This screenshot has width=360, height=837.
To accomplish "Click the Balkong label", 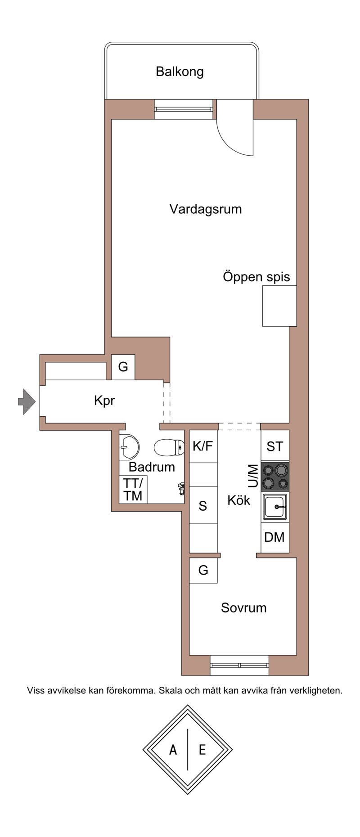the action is pyautogui.click(x=180, y=72).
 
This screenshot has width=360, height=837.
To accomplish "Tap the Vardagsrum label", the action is pyautogui.click(x=206, y=209).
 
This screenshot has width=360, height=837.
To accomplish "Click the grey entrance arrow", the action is pyautogui.click(x=27, y=400).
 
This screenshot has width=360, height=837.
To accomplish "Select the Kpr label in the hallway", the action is pyautogui.click(x=104, y=400).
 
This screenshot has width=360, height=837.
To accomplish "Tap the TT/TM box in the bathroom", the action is pyautogui.click(x=133, y=490).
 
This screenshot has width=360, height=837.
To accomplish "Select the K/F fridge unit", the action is pyautogui.click(x=203, y=446).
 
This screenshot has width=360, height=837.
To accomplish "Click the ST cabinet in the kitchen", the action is pyautogui.click(x=275, y=446).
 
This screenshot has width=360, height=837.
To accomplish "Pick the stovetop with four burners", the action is pyautogui.click(x=275, y=477).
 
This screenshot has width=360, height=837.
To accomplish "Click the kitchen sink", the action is pyautogui.click(x=275, y=507).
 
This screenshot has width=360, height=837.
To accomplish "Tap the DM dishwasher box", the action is pyautogui.click(x=275, y=537).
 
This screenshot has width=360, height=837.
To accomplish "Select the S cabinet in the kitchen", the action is pyautogui.click(x=203, y=505).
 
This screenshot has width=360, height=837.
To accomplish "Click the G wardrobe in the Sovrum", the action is pyautogui.click(x=203, y=571).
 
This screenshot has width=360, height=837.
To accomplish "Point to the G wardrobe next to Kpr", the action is pyautogui.click(x=123, y=367).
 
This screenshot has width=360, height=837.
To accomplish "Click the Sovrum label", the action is pyautogui.click(x=243, y=608).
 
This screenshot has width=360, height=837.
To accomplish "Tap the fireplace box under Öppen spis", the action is pyautogui.click(x=279, y=306).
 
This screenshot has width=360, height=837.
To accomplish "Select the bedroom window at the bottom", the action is pyautogui.click(x=239, y=665).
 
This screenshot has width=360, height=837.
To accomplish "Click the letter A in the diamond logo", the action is pyautogui.click(x=173, y=750).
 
